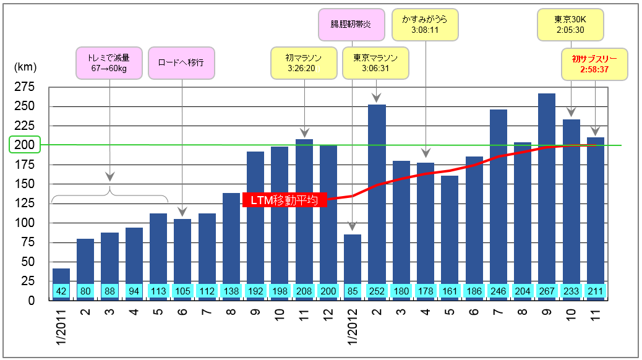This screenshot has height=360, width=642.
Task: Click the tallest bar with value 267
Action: coord(547,186)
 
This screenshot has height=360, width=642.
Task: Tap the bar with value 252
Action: coord(377,192)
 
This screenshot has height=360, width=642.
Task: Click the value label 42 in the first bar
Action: coord(61,291)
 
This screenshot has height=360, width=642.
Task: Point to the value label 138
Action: coord(231,291)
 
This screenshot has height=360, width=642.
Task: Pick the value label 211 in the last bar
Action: coord(596,291)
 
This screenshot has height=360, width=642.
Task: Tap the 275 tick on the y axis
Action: coord(24,87)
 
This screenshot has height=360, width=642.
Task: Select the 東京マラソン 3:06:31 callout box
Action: coord(375,63)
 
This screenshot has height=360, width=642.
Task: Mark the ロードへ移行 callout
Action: coord(181,63)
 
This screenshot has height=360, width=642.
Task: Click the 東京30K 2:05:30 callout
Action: coord(570,25)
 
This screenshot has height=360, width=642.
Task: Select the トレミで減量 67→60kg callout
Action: coord(109,63)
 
